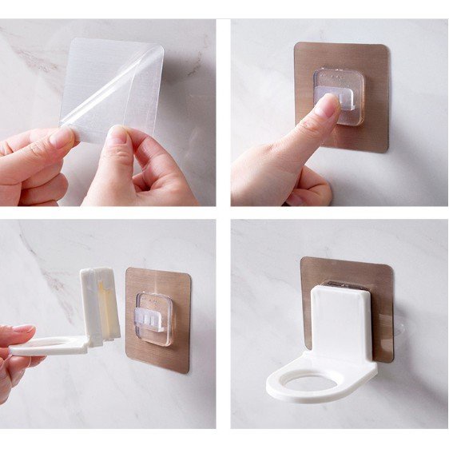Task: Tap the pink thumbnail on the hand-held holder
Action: pos(20,329)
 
